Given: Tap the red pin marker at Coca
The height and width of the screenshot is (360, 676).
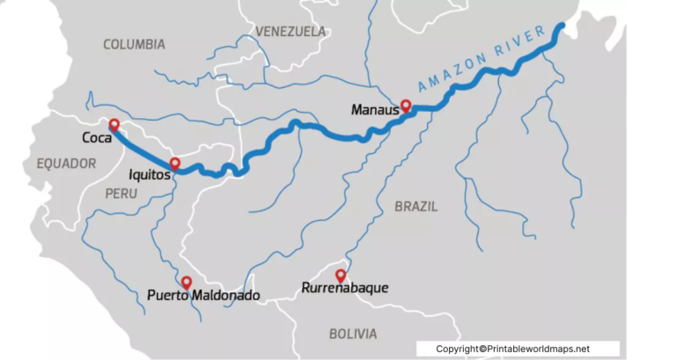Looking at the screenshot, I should (x=114, y=125).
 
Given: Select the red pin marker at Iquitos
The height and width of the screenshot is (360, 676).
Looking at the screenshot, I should (x=175, y=164).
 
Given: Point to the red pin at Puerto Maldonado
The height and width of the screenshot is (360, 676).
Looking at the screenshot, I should (x=187, y=283).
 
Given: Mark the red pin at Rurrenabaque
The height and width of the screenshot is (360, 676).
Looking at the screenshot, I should (x=340, y=275).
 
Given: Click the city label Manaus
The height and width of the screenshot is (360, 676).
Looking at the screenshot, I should (x=375, y=111).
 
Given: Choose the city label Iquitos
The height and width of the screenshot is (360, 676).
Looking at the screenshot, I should (x=149, y=174).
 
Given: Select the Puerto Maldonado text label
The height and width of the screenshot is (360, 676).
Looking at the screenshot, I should (x=204, y=296).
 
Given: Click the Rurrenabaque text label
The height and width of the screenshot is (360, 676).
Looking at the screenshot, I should (x=344, y=288).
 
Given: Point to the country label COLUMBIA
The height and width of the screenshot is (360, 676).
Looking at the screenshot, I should (x=134, y=44).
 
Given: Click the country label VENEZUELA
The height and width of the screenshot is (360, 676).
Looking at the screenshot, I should (x=290, y=31).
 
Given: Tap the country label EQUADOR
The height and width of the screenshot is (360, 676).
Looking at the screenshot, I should (x=66, y=164).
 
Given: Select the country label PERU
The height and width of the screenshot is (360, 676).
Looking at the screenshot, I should (x=121, y=193).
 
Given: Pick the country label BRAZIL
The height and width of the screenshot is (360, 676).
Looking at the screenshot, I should (x=415, y=206).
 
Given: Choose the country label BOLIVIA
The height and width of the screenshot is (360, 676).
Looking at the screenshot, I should (x=353, y=334).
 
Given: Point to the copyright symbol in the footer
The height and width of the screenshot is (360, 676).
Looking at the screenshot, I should (x=484, y=349).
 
